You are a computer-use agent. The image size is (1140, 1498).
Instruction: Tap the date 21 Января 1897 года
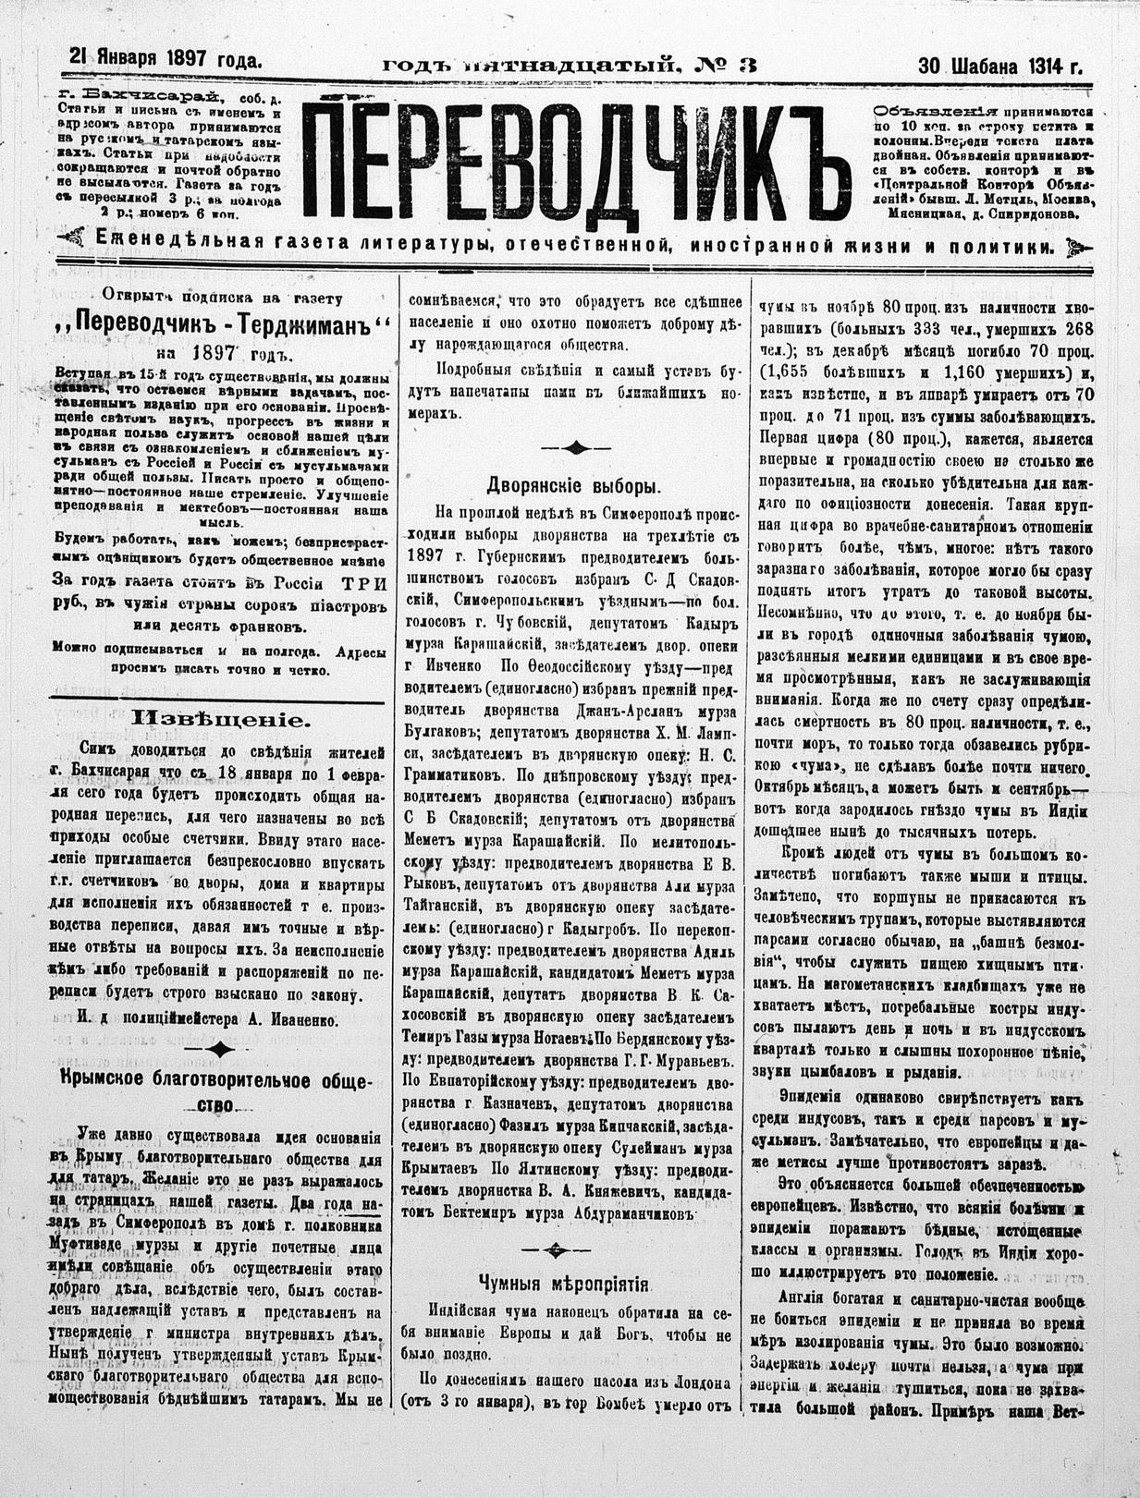point(165,59)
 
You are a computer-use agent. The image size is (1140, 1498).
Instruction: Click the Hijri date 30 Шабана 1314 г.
point(999,66)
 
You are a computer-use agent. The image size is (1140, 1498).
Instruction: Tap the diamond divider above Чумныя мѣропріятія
point(556,1249)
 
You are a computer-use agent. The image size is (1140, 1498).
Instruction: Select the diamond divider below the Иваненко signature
point(221,1049)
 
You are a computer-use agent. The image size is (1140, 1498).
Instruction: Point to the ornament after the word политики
point(1074,247)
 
